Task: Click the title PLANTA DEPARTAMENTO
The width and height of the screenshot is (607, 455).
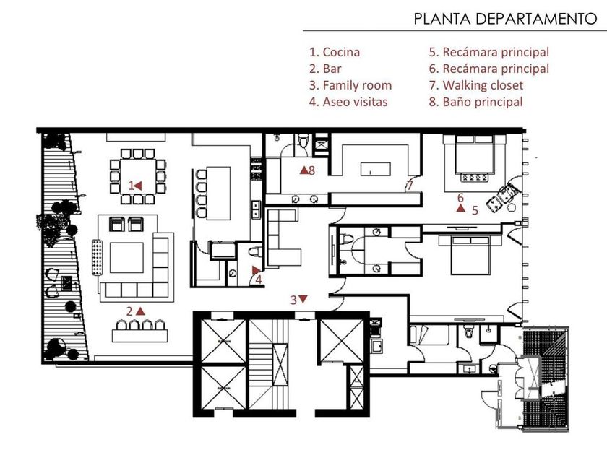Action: tap(505, 19)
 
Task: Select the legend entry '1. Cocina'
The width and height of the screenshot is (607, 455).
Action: tap(335, 52)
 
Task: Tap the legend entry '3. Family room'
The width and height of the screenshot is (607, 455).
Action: tap(350, 85)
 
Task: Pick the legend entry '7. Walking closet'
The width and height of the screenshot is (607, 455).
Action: tap(475, 85)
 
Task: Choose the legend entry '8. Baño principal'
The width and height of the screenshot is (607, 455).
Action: tap(475, 102)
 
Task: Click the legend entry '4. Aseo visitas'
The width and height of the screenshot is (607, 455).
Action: tap(348, 102)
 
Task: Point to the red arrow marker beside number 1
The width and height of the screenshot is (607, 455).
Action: tap(138, 186)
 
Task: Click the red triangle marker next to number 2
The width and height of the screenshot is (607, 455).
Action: tap(140, 311)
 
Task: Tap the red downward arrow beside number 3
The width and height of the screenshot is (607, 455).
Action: tap(303, 299)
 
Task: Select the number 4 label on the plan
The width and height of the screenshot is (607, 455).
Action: tap(258, 279)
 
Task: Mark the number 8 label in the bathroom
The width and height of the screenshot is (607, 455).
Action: tap(311, 170)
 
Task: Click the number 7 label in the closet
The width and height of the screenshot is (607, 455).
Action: tap(410, 186)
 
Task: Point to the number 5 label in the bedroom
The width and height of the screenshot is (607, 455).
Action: tap(475, 210)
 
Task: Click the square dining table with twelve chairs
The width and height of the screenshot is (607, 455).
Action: tap(137, 176)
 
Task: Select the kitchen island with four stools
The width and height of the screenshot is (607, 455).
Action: tap(218, 193)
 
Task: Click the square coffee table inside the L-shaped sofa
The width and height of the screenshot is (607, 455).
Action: tap(126, 258)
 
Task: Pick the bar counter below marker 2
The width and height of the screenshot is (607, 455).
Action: tap(139, 335)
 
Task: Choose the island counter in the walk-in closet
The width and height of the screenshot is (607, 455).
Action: tap(376, 169)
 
